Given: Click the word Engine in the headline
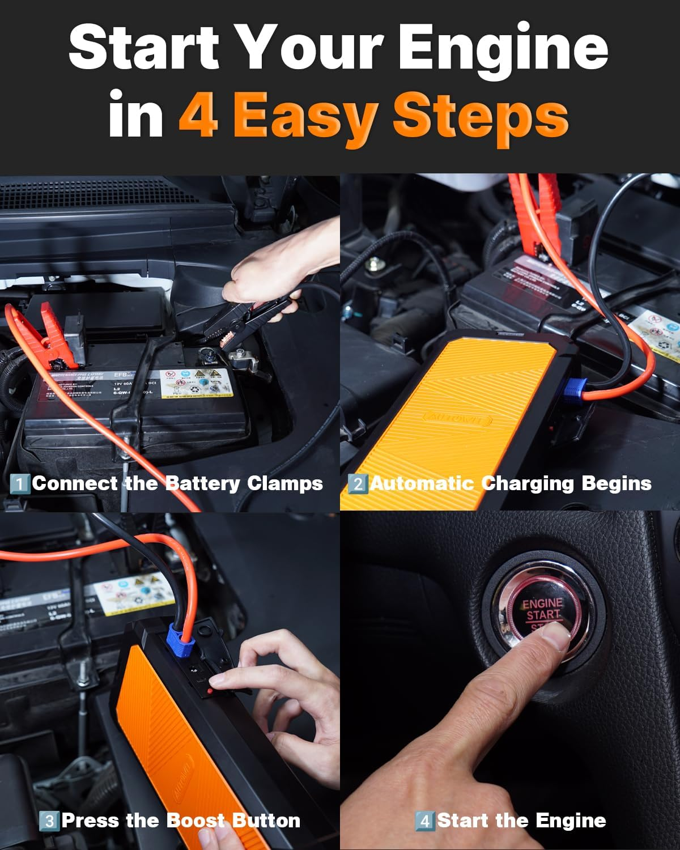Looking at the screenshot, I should pos(503,48).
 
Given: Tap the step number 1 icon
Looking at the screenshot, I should pos(20,484).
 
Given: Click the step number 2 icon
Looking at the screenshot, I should pos(358,484).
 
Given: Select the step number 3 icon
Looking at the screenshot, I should pos(49,821).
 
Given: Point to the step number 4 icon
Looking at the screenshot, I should pos(424,821).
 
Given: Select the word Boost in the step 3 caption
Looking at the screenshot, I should pos(196,820).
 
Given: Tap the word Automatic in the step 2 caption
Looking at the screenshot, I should pos(422,483).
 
